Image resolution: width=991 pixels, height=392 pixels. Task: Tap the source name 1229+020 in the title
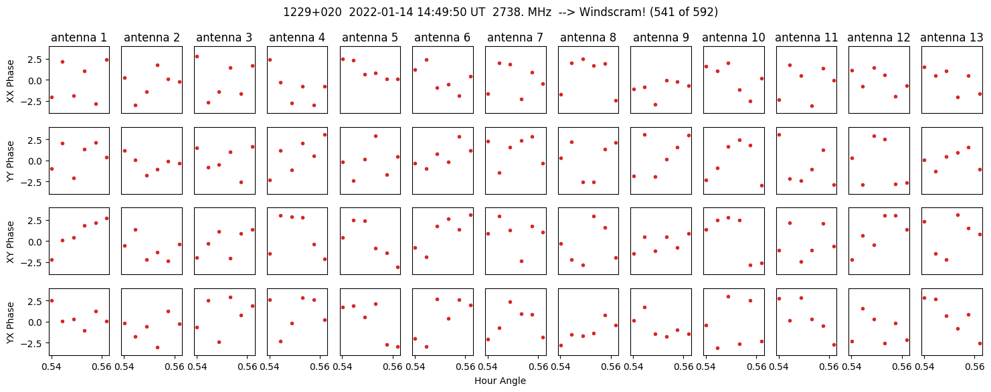pos(312,12)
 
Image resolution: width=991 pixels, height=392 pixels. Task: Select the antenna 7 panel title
pos(515,37)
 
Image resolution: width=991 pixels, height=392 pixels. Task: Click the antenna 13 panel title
pos(952,37)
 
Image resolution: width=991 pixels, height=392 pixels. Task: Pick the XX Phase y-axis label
pos(10,81)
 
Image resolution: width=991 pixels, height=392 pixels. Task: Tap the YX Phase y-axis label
pos(10,322)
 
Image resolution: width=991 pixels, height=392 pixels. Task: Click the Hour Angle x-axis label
pos(500,381)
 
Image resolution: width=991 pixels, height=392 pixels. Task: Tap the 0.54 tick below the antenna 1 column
pos(52,367)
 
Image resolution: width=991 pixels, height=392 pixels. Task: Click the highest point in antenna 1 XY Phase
pos(106,219)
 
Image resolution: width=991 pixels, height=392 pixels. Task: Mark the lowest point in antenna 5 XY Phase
pos(397,267)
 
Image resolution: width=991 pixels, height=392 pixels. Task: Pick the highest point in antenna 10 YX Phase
pos(728,297)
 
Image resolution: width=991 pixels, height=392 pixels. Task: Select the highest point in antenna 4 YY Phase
pos(325,135)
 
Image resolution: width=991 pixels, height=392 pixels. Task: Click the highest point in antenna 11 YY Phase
pos(779,135)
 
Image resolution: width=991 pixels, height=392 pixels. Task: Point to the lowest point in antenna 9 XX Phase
pos(656,105)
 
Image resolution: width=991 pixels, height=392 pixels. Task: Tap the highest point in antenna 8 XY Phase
pos(594,216)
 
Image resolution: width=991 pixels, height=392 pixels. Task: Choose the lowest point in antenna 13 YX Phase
pos(980,343)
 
